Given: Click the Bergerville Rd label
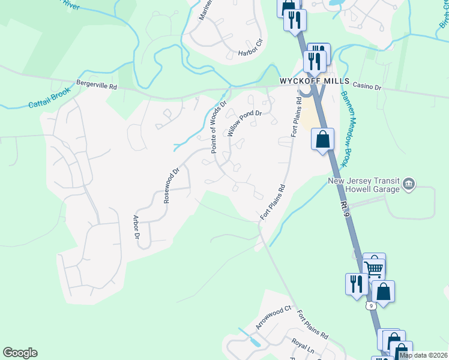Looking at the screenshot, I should click(96, 86).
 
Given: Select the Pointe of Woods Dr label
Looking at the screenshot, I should click(218, 127).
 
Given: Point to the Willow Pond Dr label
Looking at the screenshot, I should click(245, 123).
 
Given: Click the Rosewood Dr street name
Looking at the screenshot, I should click(172, 185).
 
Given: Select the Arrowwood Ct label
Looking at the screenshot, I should click(273, 317).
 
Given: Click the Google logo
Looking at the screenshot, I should click(20, 353).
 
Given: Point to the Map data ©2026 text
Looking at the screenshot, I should click(424, 355).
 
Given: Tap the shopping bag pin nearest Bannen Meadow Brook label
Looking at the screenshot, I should click(323, 139).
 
